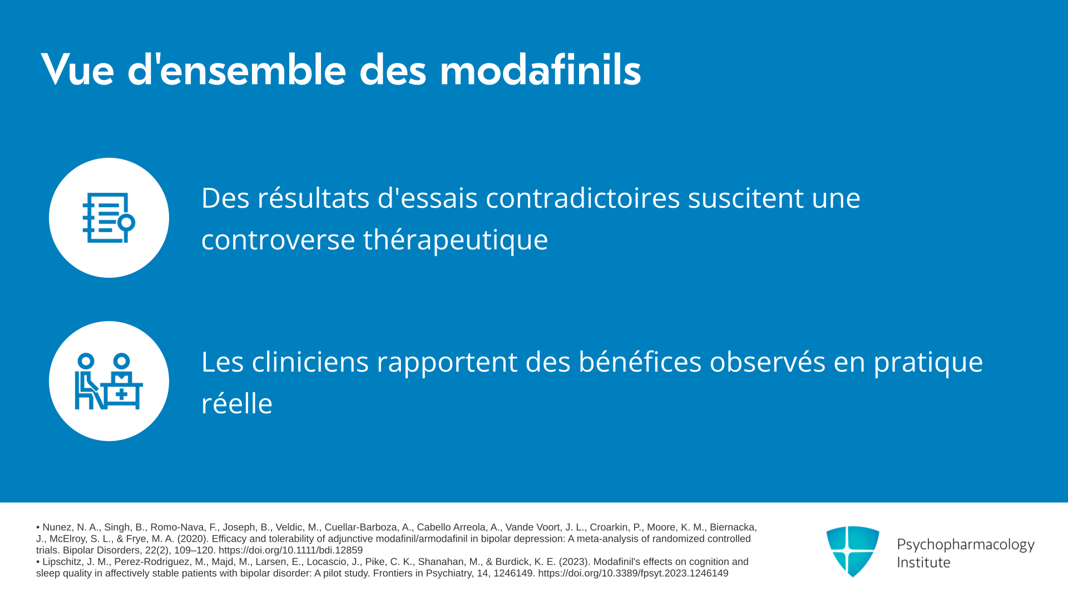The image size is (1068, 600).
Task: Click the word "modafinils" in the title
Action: point(540,70)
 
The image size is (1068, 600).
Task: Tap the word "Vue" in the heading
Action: point(77,70)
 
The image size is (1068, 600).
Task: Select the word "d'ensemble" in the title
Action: point(237,70)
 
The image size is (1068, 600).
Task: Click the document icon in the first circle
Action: point(109,218)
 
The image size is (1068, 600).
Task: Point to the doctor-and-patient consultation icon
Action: point(109,381)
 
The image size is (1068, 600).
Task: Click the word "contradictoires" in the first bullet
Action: point(583,198)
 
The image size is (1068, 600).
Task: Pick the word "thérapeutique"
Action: point(456,241)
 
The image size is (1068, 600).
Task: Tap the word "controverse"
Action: point(278,241)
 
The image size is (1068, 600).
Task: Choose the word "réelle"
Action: point(237,403)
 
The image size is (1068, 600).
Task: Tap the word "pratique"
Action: point(928,363)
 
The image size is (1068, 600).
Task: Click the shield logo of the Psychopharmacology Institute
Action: point(853,551)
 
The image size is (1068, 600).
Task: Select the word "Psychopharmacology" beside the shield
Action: point(966,545)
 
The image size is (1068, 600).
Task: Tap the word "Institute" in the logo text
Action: point(923,563)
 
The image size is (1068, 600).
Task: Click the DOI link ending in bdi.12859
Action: point(290,551)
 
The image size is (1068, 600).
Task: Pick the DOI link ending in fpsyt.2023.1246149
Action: point(633,573)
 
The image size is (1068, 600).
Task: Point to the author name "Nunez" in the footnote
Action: point(57,527)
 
